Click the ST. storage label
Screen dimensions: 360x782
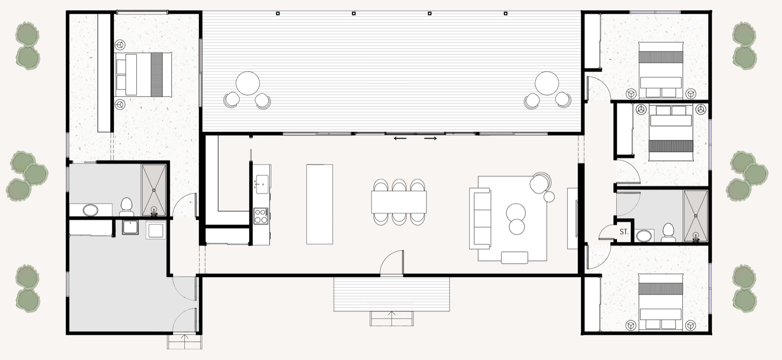tap(624, 232)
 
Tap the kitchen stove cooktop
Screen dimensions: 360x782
tap(261, 215)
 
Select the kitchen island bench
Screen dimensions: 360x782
tap(320, 204)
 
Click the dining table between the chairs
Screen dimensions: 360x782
tap(399, 201)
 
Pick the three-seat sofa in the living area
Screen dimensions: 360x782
tap(480, 218)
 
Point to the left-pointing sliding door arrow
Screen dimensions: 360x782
tap(400, 139)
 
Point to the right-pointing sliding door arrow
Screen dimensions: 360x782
tap(431, 139)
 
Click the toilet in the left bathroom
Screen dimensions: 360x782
tap(127, 206)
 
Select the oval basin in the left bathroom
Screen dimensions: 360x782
tap(90, 211)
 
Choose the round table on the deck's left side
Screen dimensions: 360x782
tap(248, 84)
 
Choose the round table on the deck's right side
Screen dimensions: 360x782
tap(547, 84)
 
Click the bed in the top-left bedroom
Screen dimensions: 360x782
tap(143, 74)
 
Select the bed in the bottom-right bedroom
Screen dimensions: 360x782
tap(660, 301)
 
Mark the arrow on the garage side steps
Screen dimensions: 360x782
tap(184, 338)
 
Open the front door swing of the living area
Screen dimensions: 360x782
tap(393, 264)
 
